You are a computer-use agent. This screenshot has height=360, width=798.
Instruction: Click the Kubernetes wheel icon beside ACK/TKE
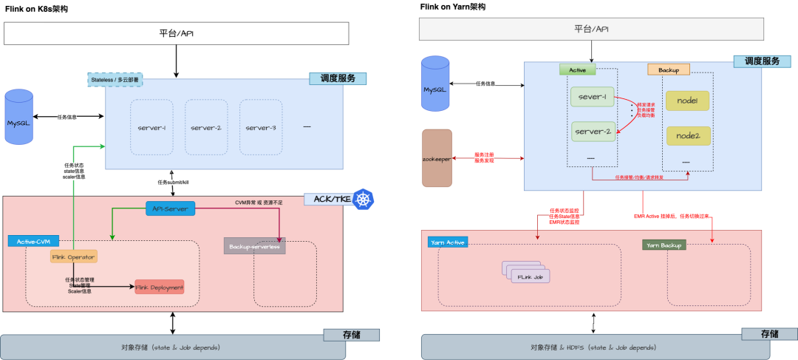pos(362,200)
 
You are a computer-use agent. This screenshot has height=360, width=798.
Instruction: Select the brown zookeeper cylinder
pos(437,158)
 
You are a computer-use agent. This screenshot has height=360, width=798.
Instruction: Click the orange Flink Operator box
pos(74,257)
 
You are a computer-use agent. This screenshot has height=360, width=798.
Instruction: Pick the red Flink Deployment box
pos(159,287)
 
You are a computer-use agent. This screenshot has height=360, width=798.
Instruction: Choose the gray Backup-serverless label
pos(254,246)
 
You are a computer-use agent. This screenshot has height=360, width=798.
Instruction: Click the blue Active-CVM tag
pos(33,242)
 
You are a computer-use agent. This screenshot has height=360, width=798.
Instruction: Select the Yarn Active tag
pos(447,242)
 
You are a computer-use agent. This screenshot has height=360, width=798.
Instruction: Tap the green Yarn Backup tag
pos(663,245)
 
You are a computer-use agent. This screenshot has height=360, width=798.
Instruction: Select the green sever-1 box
pos(593,97)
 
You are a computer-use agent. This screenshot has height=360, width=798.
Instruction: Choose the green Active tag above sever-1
pos(577,69)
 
